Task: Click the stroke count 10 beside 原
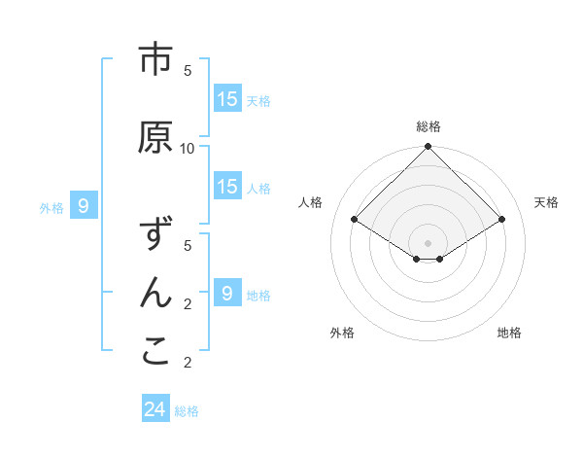(188, 148)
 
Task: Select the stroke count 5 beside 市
(188, 70)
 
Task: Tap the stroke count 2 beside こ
(188, 363)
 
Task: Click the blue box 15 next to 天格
(227, 99)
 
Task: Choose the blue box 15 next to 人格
(227, 187)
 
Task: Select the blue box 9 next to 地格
(227, 293)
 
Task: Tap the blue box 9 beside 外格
(84, 206)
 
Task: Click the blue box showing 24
(154, 409)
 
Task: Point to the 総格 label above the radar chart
(429, 126)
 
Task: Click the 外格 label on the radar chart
(342, 333)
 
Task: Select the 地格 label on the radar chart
(509, 333)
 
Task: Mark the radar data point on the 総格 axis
(428, 147)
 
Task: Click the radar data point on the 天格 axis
(502, 220)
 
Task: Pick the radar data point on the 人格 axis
(354, 220)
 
